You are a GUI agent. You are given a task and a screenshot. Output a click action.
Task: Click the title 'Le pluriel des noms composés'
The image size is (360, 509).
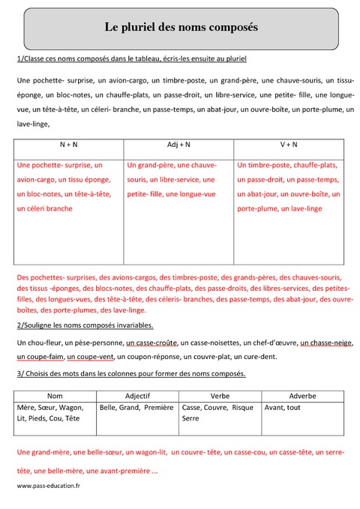pyautogui.click(x=181, y=28)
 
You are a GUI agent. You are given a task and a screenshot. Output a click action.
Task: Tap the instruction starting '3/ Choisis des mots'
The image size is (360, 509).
pyautogui.click(x=130, y=373)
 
